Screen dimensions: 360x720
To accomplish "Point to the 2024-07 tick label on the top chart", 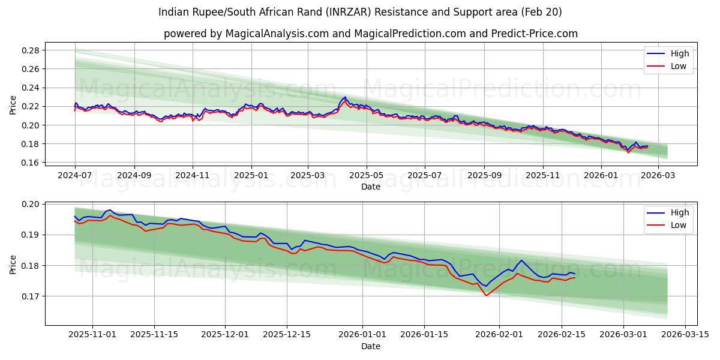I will (75, 176).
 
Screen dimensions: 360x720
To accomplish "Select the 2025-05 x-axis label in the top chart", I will (366, 176).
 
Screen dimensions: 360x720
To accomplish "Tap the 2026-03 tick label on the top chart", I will (658, 176).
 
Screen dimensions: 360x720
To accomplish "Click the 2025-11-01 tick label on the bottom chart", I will (92, 335).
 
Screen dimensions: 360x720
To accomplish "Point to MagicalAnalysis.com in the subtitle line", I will (277, 34).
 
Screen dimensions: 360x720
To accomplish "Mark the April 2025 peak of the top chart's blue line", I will (344, 97).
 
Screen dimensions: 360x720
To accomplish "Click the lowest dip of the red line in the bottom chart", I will (486, 295).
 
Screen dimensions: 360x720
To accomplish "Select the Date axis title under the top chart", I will (371, 187).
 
